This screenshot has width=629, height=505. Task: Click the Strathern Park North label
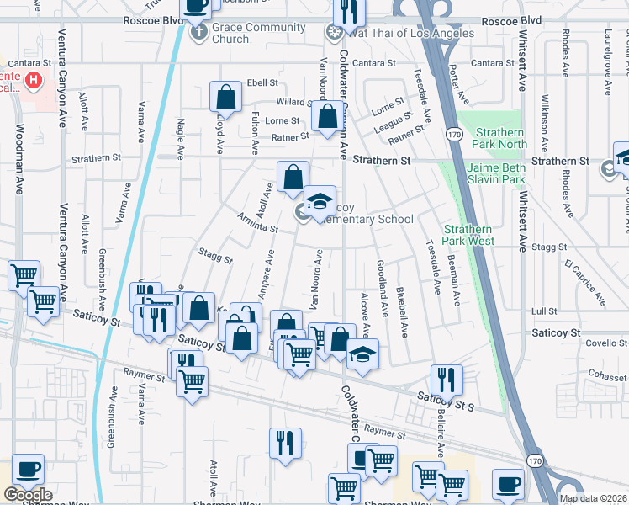(x=500, y=138)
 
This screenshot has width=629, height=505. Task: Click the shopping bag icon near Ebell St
(x=226, y=98)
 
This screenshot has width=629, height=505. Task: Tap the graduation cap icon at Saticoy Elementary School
(x=320, y=201)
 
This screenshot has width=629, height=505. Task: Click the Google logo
(x=28, y=495)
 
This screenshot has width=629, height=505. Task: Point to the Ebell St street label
(x=262, y=83)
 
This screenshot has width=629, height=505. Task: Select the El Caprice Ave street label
(x=584, y=283)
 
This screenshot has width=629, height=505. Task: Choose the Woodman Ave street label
(x=18, y=168)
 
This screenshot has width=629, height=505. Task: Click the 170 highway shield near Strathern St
(x=454, y=134)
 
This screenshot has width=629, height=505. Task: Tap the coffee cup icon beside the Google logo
(x=28, y=469)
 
